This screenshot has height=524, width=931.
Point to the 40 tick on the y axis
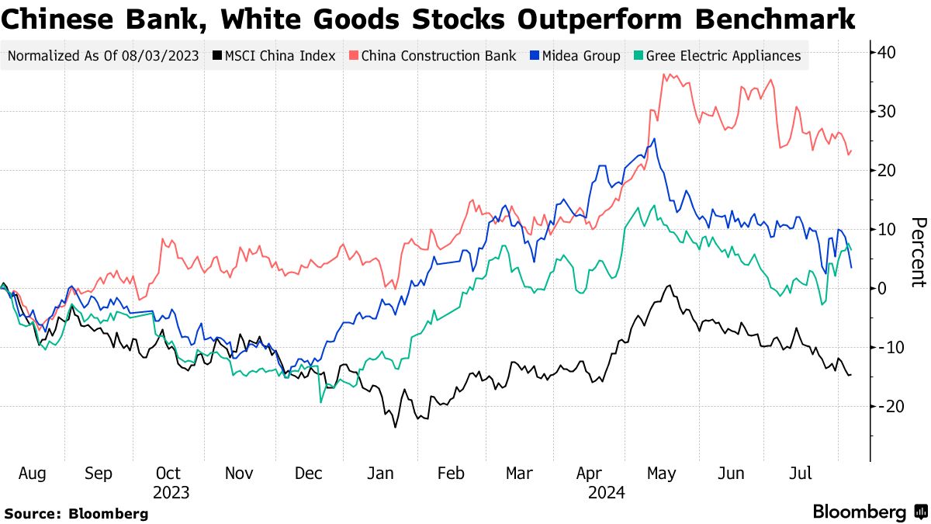pyautogui.click(x=888, y=53)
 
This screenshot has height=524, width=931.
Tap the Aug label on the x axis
pyautogui.click(x=32, y=473)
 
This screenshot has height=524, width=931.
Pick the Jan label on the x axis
pyautogui.click(x=380, y=473)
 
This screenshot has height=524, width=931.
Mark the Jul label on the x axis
pyautogui.click(x=801, y=473)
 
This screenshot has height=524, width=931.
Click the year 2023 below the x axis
pyautogui.click(x=171, y=492)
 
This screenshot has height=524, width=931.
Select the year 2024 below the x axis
pyautogui.click(x=606, y=492)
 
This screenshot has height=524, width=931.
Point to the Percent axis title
pyautogui.click(x=918, y=252)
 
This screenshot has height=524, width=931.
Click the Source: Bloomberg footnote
pyautogui.click(x=76, y=513)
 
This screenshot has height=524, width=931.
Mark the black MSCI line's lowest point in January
pyautogui.click(x=395, y=427)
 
